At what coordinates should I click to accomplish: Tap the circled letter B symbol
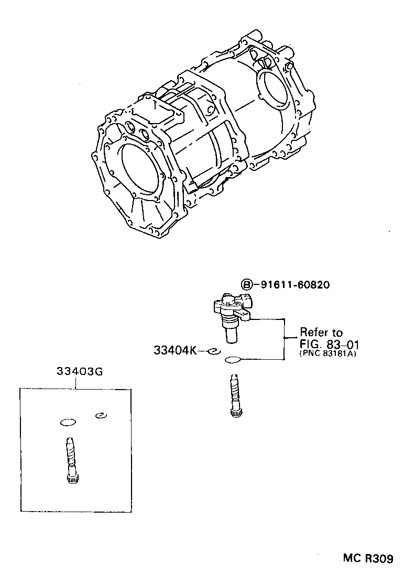[x=247, y=284]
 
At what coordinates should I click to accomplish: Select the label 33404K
[x=174, y=350]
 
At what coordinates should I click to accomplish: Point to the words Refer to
[x=321, y=333]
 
